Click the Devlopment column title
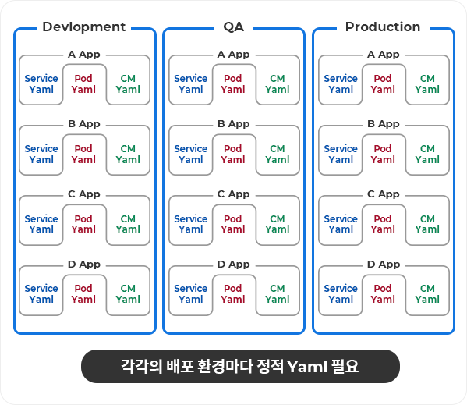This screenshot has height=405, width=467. click(x=84, y=27)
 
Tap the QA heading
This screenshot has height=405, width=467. click(x=234, y=27)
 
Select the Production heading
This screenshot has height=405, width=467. click(x=383, y=27)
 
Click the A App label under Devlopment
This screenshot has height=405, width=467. click(x=84, y=55)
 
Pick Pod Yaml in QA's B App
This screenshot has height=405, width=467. click(x=233, y=154)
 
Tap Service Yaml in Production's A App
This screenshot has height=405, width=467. click(x=341, y=83)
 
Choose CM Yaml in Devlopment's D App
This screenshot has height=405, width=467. click(x=128, y=293)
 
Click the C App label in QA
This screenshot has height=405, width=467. click(x=234, y=194)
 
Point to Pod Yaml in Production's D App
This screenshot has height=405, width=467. click(x=383, y=293)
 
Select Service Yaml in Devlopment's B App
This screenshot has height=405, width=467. click(x=41, y=154)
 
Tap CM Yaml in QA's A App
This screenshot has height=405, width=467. click(x=278, y=83)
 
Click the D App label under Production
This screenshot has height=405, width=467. click(x=384, y=265)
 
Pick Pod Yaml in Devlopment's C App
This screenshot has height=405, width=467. click(x=83, y=224)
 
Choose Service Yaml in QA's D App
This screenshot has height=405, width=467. click(x=191, y=293)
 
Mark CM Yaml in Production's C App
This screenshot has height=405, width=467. click(x=427, y=224)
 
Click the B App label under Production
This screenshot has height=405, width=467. click(x=384, y=124)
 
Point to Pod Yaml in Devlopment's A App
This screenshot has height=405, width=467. click(x=83, y=83)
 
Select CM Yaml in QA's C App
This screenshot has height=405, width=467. click(x=278, y=224)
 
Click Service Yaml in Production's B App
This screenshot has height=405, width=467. click(x=341, y=154)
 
